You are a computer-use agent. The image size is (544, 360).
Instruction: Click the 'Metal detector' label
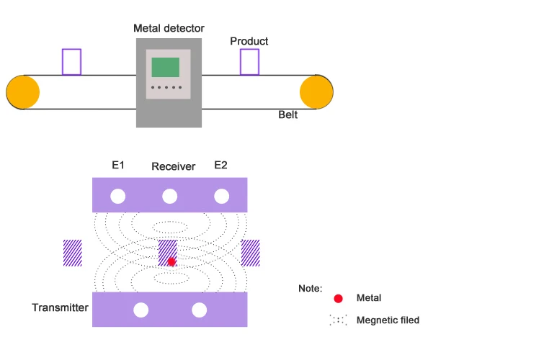[x=169, y=28]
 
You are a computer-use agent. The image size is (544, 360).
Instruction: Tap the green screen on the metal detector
[x=166, y=67]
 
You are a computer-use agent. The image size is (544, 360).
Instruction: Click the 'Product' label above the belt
[x=249, y=41]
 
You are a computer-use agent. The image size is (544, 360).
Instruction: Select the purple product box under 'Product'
[x=249, y=62]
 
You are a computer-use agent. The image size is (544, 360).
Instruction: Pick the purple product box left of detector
[x=71, y=62]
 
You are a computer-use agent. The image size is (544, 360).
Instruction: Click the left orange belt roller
[x=23, y=91]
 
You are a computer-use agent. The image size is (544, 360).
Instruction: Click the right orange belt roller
[x=316, y=91]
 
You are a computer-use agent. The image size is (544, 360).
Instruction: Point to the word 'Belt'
[x=288, y=114]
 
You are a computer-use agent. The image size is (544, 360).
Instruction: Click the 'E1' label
[x=118, y=165]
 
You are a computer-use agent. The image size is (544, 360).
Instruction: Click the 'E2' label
[x=221, y=165]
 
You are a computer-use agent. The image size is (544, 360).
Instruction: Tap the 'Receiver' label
[x=173, y=166]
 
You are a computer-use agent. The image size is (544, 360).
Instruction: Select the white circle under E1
[x=118, y=196]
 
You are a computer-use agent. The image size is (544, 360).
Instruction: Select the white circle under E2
[x=221, y=196]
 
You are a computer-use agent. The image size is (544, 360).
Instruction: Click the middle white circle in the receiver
[x=170, y=196]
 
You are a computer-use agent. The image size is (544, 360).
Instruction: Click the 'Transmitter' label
[x=60, y=307]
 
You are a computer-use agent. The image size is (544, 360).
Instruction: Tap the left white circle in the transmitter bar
[x=141, y=310]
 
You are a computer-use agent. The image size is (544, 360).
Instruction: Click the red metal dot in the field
[x=171, y=261]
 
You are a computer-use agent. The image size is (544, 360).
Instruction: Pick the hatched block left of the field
[x=72, y=253]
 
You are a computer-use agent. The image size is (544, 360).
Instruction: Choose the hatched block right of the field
[x=250, y=253]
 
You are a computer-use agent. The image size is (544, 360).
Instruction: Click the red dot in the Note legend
[x=338, y=298]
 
